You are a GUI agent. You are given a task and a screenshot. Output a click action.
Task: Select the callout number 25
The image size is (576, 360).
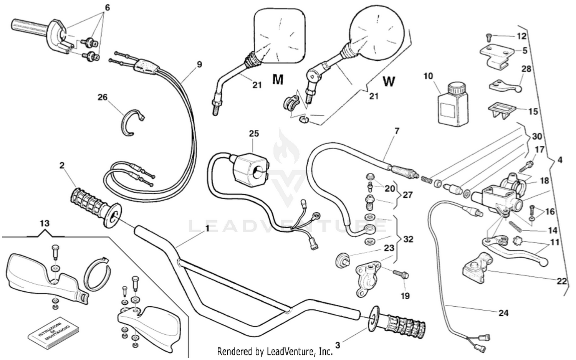tap(254, 134)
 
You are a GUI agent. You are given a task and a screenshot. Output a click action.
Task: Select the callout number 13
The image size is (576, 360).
tap(45, 223)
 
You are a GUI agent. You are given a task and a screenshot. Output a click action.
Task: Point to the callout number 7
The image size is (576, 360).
tap(397, 131)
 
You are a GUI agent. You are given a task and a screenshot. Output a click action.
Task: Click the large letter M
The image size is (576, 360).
tap(278, 80)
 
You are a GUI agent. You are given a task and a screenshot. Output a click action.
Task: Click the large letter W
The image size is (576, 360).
tap(389, 81)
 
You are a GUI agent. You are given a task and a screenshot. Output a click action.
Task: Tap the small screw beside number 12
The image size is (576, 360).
tap(489, 37)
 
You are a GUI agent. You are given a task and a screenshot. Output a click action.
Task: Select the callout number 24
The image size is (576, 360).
tap(503, 313)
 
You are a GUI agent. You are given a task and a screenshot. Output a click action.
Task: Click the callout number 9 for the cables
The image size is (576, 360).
tap(199, 64)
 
